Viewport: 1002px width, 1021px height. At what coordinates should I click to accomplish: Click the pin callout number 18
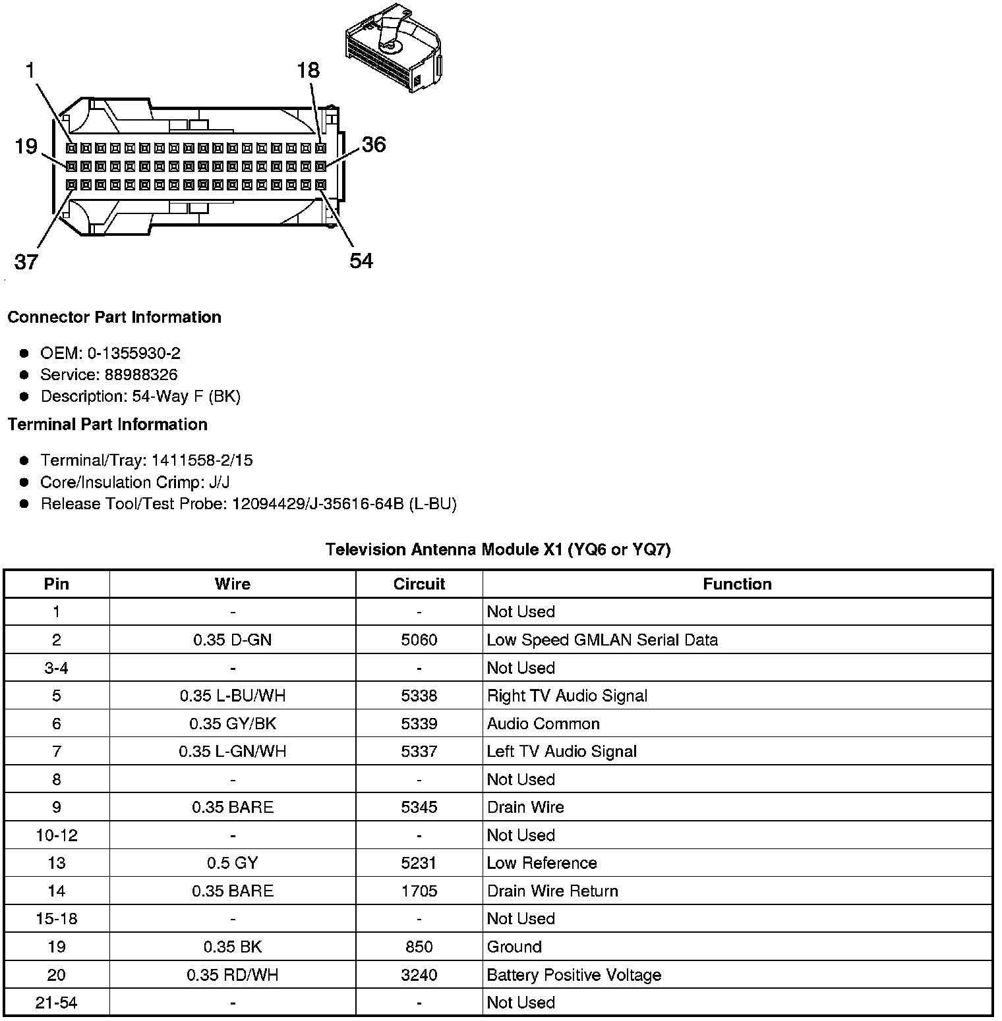(x=308, y=69)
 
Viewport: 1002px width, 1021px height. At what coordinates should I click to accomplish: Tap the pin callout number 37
(x=26, y=262)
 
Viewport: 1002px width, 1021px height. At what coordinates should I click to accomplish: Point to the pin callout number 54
(x=361, y=261)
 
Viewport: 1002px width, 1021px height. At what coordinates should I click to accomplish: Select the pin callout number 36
(x=373, y=144)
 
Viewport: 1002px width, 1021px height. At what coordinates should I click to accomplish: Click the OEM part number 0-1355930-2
(x=134, y=353)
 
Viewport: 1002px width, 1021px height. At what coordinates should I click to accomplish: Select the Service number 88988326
(x=141, y=375)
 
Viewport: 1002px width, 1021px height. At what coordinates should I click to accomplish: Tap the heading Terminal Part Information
(x=107, y=424)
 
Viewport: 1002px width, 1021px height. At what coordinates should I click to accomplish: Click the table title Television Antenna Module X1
(x=498, y=549)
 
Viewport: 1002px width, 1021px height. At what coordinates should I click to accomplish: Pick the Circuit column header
(x=419, y=584)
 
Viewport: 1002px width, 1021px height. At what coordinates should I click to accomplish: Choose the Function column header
(x=737, y=584)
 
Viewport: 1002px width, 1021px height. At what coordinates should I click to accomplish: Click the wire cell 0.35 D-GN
(x=232, y=640)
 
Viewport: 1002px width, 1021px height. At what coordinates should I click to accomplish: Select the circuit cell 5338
(x=419, y=696)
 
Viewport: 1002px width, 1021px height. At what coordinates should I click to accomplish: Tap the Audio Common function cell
(x=543, y=724)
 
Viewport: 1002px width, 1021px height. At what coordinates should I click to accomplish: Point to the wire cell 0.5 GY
(x=232, y=863)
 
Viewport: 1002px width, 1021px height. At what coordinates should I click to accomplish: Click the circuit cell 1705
(x=419, y=891)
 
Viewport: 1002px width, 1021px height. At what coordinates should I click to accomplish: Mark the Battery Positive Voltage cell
(x=574, y=975)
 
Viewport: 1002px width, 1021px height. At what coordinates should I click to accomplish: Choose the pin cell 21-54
(x=56, y=1003)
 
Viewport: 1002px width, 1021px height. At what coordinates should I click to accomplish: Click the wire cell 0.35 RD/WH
(x=232, y=975)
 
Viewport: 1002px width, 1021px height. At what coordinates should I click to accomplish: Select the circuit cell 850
(x=419, y=947)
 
